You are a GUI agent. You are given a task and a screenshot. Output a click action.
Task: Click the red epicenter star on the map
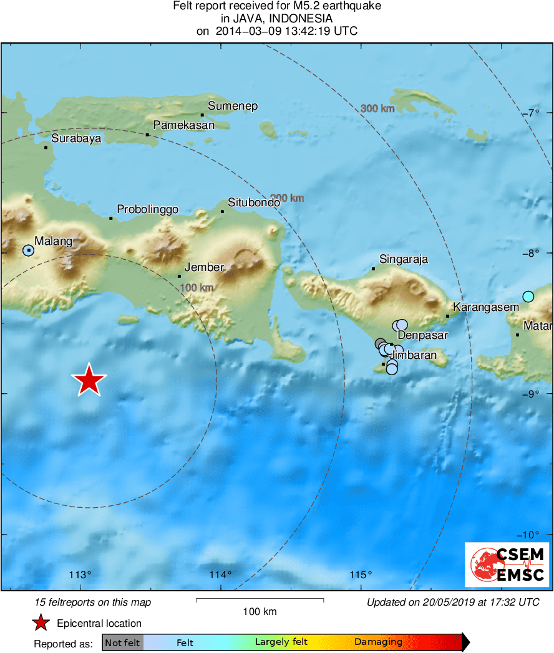pos(89,380)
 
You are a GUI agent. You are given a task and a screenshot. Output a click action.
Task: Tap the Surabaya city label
pos(76,139)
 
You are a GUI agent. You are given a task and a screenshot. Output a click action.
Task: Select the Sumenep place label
pos(233,106)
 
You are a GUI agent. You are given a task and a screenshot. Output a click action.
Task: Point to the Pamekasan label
pos(184,125)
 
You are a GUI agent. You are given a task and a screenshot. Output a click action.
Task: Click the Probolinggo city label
pos(148,209)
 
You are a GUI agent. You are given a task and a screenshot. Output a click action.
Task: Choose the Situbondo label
pos(253,203)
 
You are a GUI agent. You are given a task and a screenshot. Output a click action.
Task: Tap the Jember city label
pos(205,267)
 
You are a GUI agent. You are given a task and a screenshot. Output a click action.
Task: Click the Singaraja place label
pos(404,260)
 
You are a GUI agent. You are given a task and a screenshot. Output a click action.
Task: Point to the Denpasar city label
pos(423,335)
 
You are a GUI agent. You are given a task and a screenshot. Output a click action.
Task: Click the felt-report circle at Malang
pos(28,250)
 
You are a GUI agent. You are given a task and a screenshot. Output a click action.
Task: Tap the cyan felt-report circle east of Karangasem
pos(528,297)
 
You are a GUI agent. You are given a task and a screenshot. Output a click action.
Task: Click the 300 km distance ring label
pos(378,108)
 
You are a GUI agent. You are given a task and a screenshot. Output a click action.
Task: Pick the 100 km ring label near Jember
pos(197,287)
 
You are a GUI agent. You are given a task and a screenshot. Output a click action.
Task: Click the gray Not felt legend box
pos(123,642)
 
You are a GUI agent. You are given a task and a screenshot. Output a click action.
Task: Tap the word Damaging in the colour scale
pos(378,642)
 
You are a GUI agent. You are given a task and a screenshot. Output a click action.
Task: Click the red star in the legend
pos(41,623)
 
